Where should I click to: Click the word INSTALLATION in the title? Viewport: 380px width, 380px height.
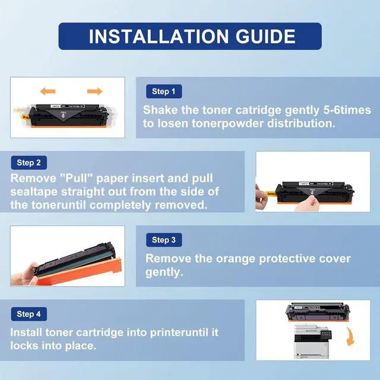click(159, 37)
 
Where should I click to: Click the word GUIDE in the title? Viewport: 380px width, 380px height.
click(265, 37)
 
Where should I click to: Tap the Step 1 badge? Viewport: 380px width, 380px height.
click(164, 91)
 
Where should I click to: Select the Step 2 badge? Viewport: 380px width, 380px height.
click(29, 163)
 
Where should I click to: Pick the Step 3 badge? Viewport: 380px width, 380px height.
click(164, 240)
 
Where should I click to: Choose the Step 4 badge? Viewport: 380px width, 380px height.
click(29, 314)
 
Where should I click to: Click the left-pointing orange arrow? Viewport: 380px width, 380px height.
click(48, 91)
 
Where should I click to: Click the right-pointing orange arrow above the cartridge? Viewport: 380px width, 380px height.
click(95, 91)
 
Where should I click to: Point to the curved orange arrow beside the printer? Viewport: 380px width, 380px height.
click(350, 337)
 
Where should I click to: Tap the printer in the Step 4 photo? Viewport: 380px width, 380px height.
click(313, 341)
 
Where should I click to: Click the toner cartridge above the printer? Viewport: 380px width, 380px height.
click(318, 312)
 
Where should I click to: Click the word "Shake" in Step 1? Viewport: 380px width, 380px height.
click(160, 110)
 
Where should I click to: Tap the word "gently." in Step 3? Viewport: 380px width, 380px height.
click(164, 272)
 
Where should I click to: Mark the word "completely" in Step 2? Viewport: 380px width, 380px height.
click(121, 205)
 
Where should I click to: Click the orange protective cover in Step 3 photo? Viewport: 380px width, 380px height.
click(80, 271)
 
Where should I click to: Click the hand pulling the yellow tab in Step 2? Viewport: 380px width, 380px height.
click(261, 194)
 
